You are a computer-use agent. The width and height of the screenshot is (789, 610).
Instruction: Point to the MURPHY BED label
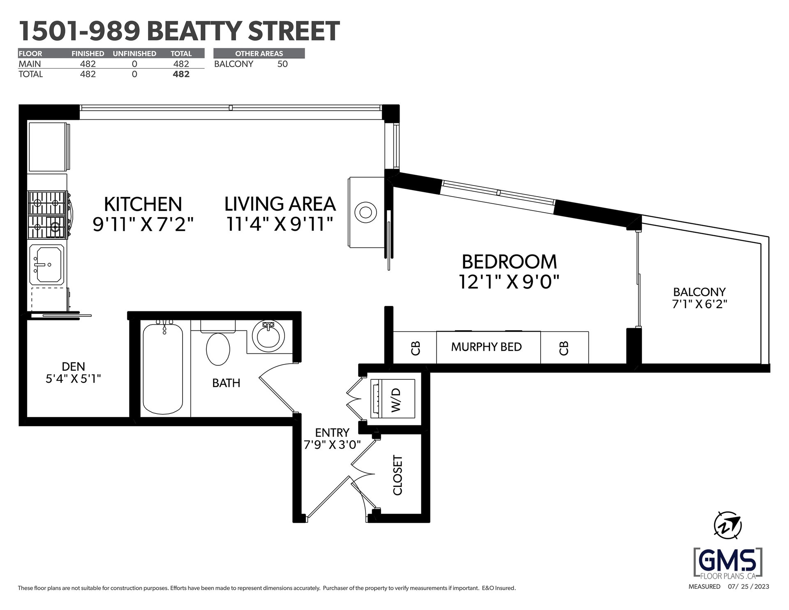point(486,347)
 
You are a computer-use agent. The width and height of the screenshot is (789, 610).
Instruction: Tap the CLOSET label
point(398,475)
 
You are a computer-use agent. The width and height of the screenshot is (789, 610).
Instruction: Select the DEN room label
point(74,366)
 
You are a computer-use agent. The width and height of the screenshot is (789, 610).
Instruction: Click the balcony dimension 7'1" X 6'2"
point(700,305)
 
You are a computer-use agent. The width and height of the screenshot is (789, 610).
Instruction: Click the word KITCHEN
point(143,204)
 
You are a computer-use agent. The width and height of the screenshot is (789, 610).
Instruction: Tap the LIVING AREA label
point(280,204)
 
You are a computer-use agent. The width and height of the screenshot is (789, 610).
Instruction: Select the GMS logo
point(728,562)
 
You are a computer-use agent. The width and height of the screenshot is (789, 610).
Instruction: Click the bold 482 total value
point(181,74)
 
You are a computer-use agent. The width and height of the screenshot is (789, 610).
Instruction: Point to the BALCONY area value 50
point(282,64)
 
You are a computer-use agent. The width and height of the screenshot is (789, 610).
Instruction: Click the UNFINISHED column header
point(134,54)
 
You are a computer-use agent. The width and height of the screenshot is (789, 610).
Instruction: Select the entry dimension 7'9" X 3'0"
point(332,445)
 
